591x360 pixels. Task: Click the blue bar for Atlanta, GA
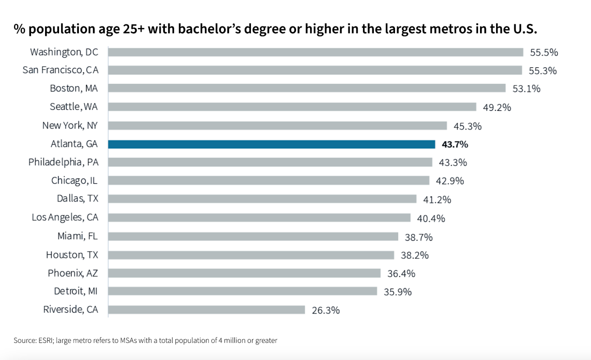[271, 144]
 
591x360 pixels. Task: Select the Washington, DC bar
[316, 52]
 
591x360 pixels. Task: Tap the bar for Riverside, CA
[206, 310]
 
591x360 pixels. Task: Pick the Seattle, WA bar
[292, 107]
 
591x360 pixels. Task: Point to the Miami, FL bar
[253, 237]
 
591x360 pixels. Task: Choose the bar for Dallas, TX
[262, 199]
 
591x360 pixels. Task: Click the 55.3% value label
[543, 71]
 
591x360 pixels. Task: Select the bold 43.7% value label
[455, 145]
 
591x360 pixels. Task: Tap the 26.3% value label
[326, 310]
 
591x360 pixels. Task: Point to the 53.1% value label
[526, 89]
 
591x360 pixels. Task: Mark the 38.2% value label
[415, 255]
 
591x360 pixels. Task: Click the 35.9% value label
[398, 292]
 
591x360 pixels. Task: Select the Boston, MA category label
[74, 89]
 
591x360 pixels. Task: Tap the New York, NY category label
[70, 125]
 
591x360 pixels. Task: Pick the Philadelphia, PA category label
[63, 162]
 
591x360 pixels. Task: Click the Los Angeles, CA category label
[65, 218]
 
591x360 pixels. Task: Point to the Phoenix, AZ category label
[73, 273]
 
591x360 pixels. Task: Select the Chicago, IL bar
[269, 181]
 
